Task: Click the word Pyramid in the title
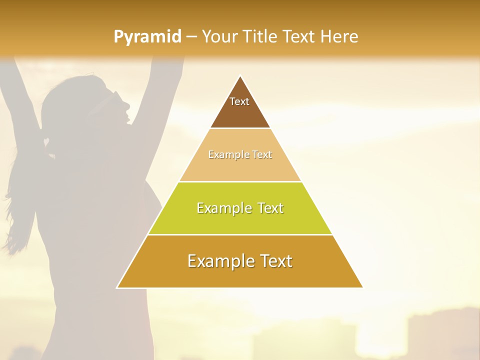tap(147, 37)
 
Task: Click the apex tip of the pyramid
tap(240, 76)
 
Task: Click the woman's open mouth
tap(128, 120)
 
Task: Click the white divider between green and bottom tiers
tap(240, 234)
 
